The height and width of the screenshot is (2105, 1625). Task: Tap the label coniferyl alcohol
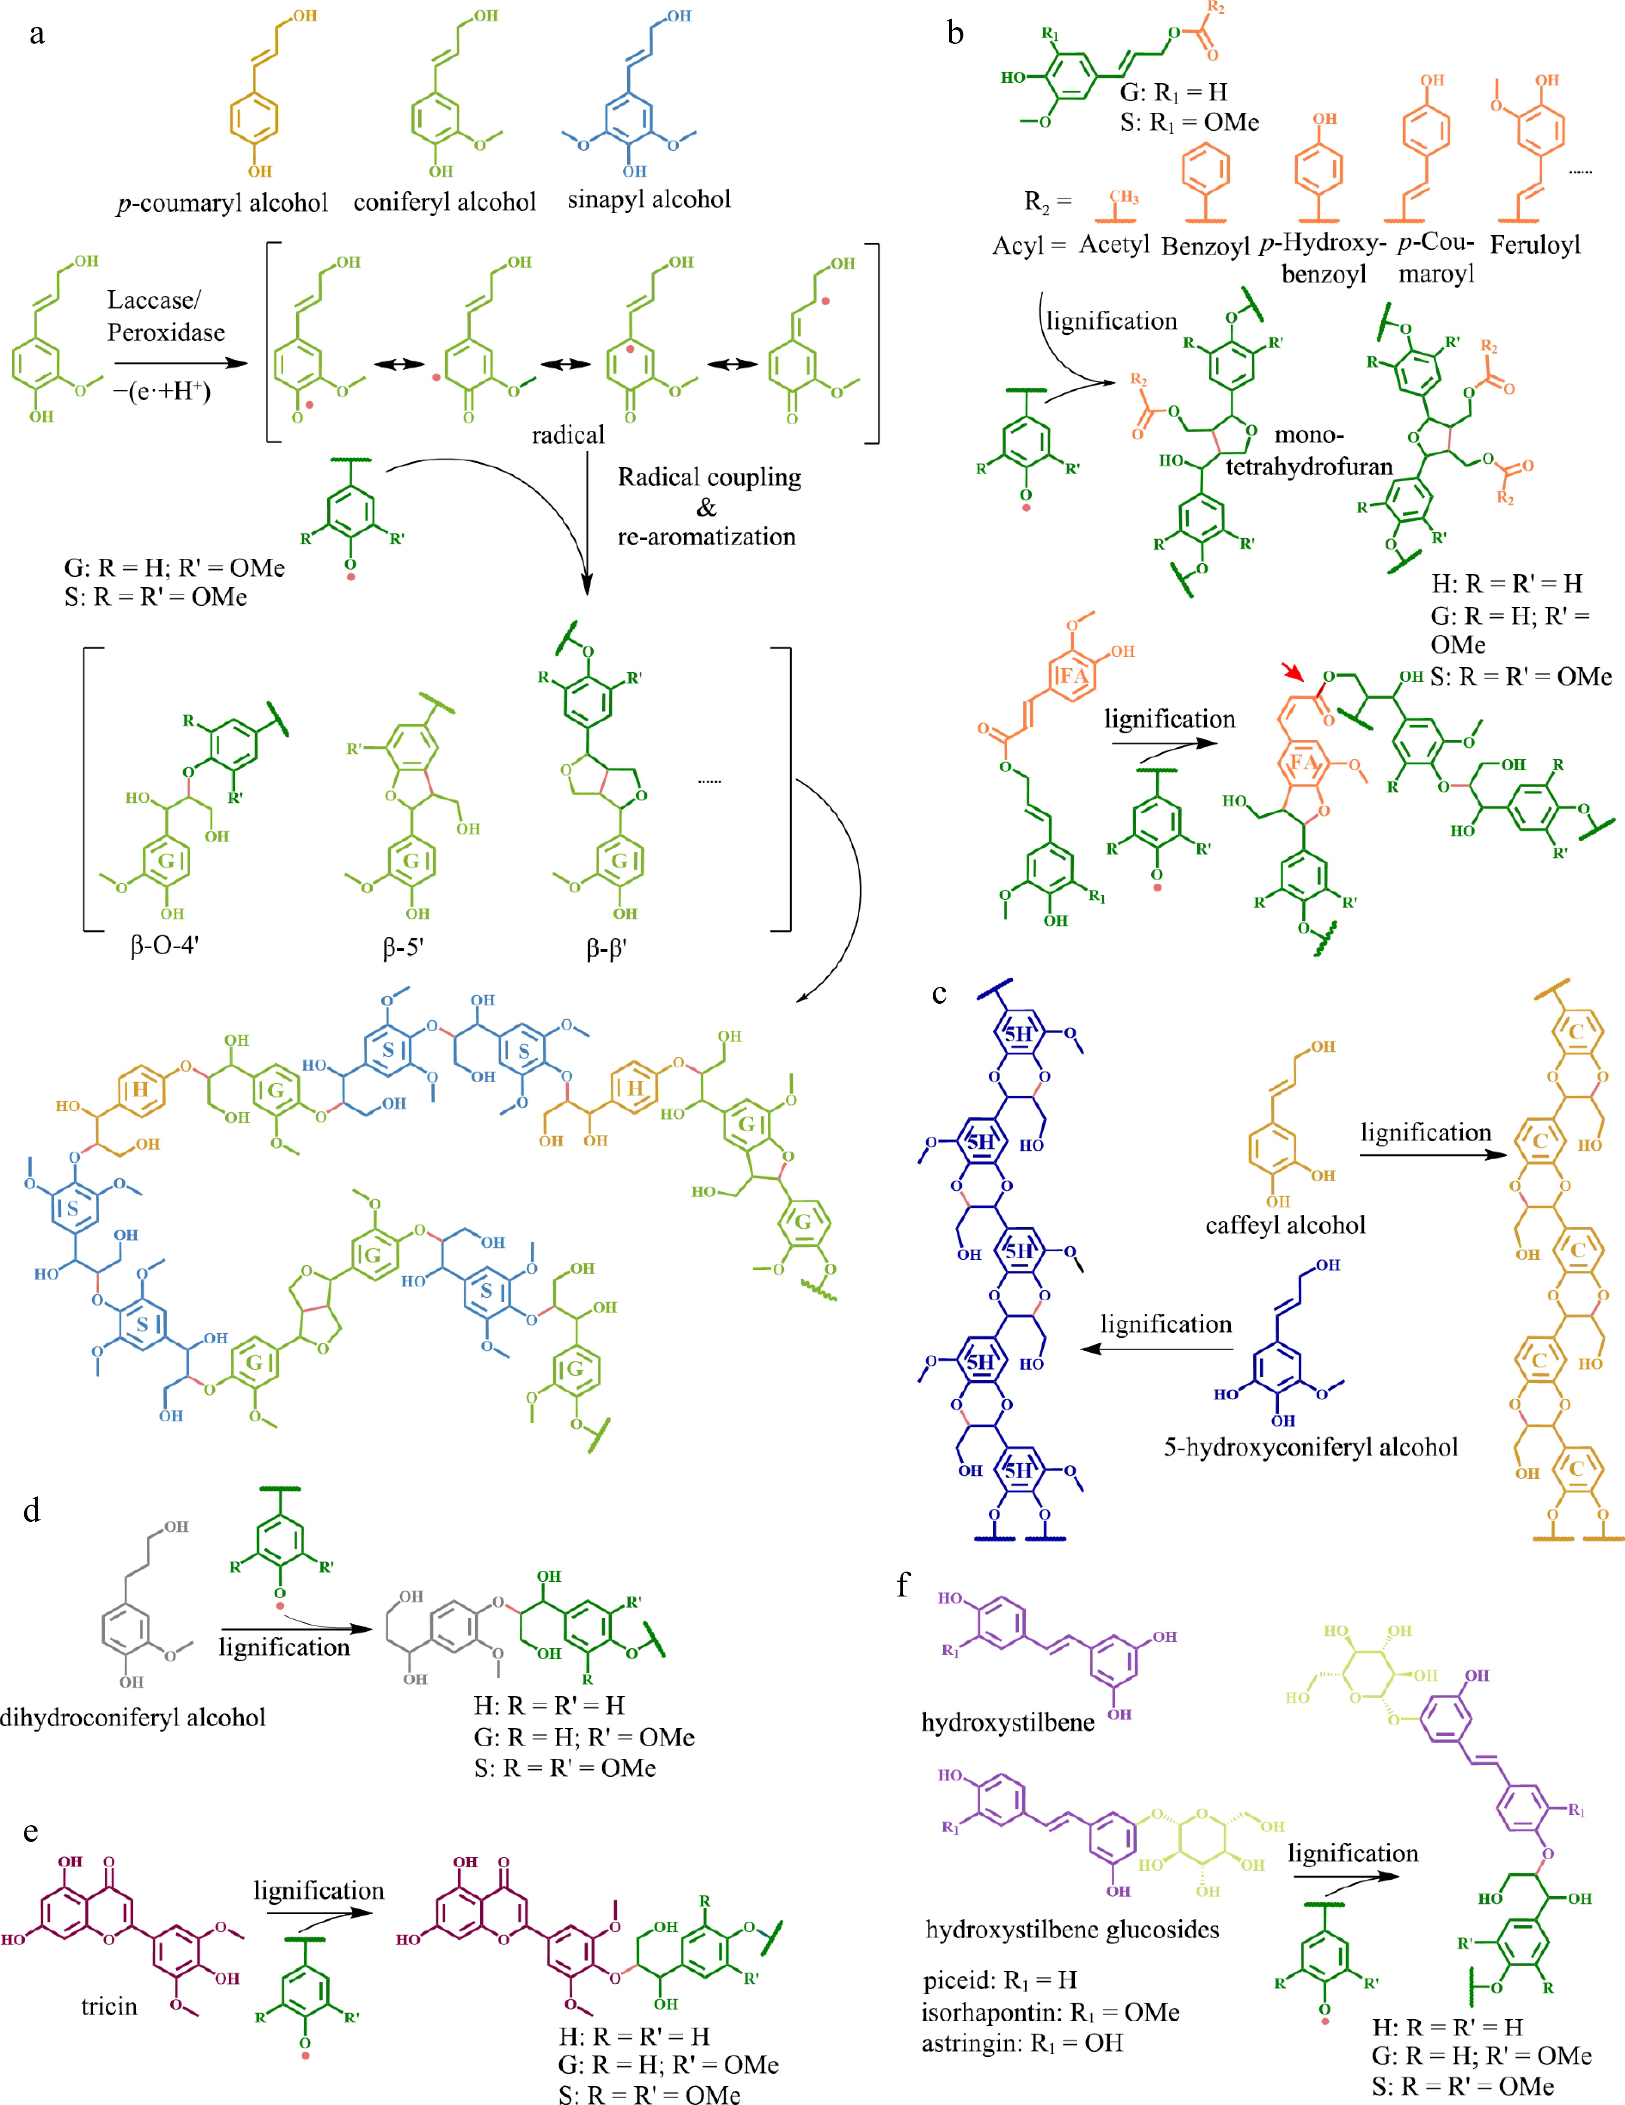[445, 202]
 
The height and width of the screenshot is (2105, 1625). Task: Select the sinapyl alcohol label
[649, 199]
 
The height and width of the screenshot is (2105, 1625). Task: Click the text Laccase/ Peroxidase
[166, 316]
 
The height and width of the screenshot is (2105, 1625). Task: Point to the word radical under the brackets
[568, 435]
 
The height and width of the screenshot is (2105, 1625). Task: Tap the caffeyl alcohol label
[1285, 1225]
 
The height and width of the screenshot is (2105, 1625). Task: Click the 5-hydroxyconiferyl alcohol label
[1310, 1447]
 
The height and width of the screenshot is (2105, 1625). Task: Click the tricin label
[109, 2006]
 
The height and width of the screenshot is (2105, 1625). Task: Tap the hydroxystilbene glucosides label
[1072, 1929]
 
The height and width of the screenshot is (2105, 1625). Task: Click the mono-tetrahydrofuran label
[1309, 451]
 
